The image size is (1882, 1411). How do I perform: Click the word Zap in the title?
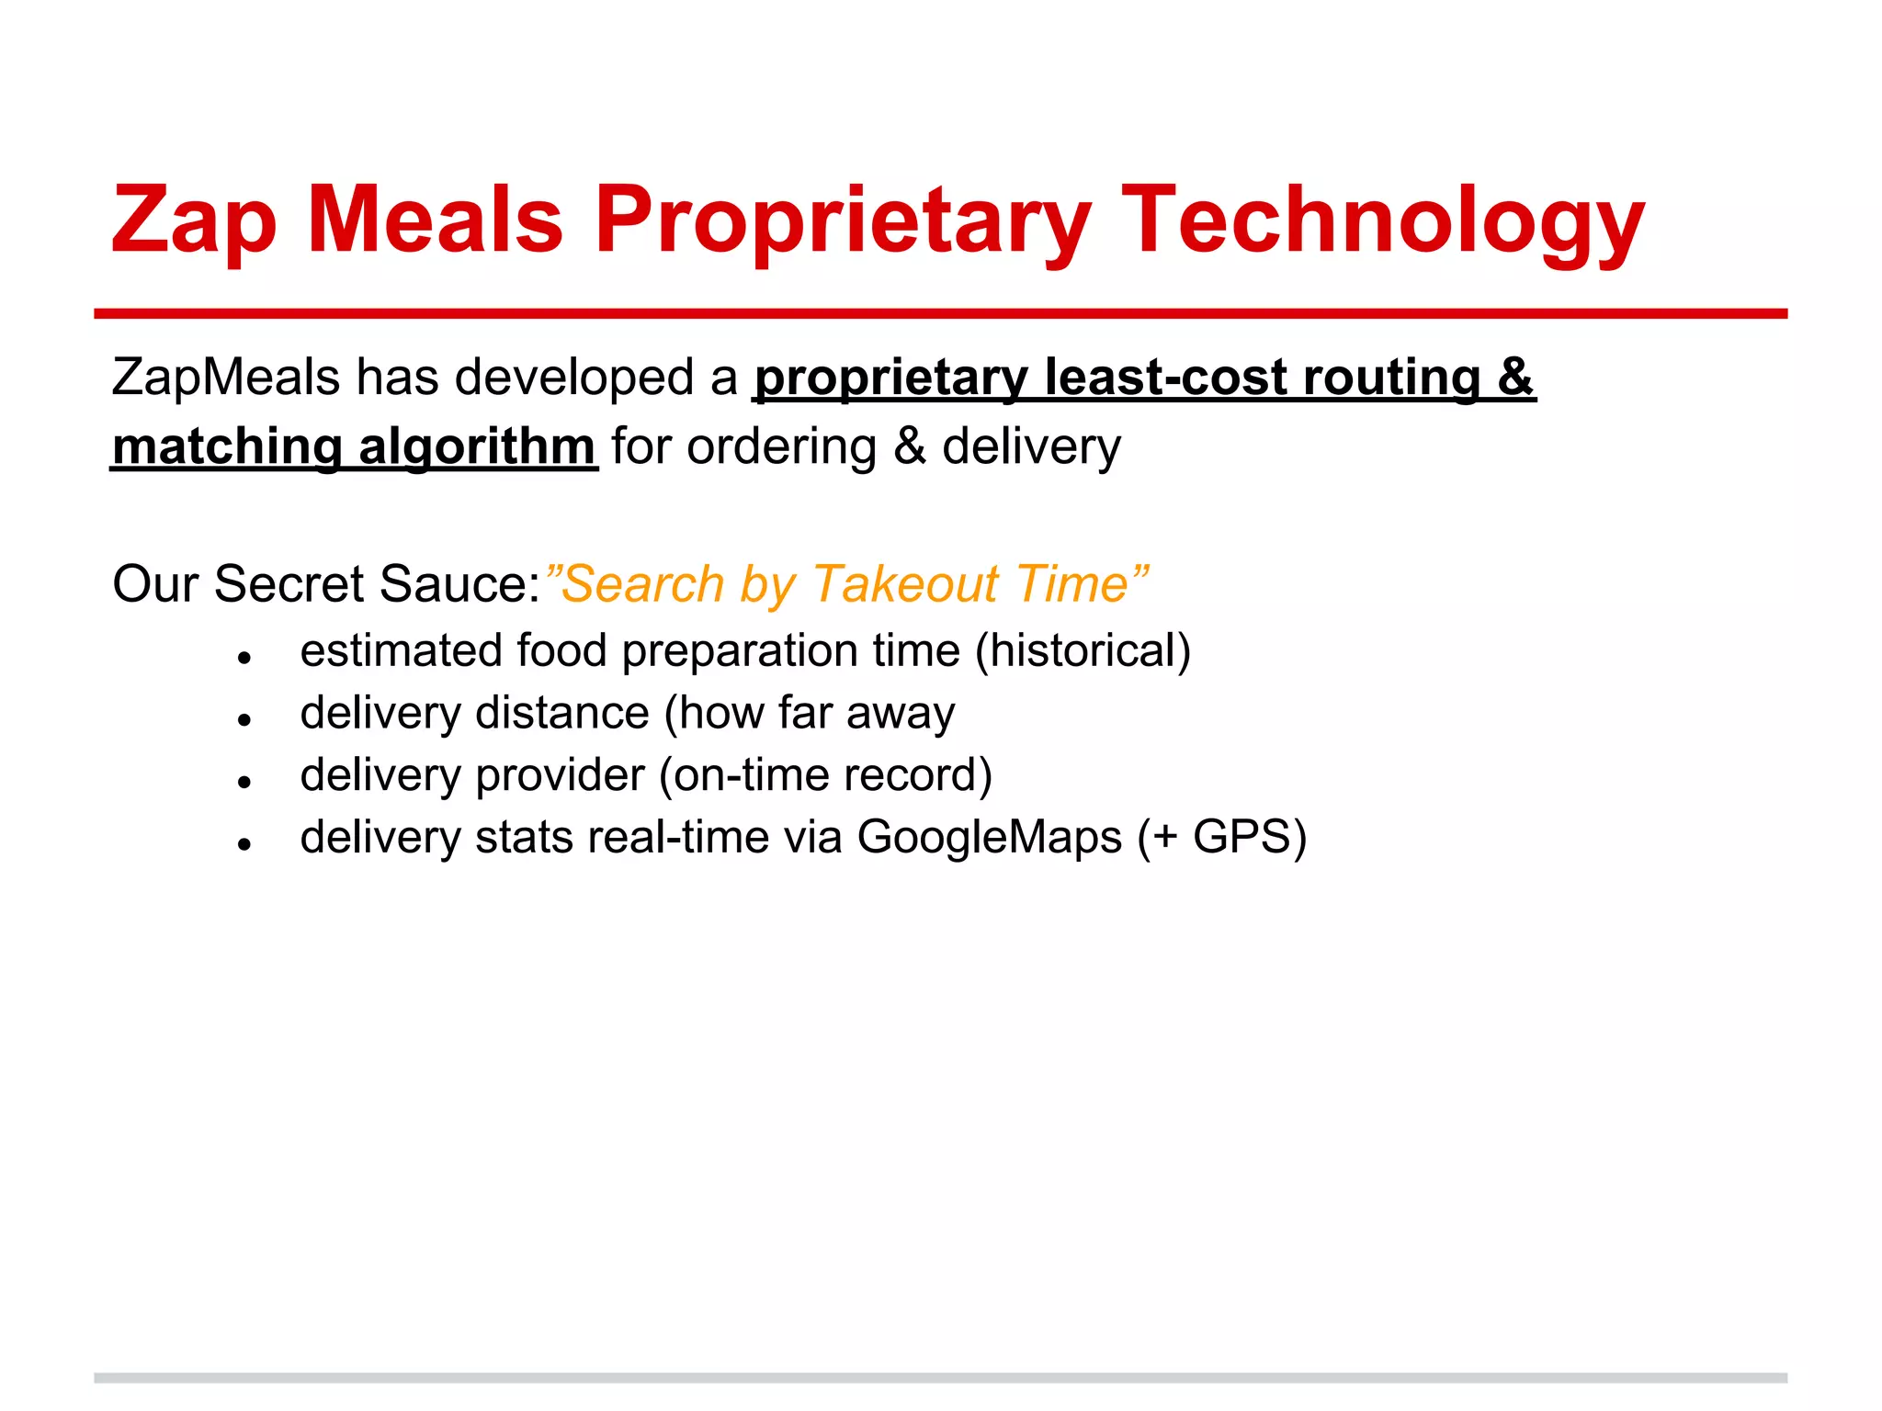tap(194, 221)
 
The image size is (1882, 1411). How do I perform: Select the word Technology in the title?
tap(1382, 221)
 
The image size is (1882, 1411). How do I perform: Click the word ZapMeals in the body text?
tap(226, 378)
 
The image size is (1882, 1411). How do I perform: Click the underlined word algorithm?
tap(477, 447)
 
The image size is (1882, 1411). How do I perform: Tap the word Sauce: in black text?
tap(459, 583)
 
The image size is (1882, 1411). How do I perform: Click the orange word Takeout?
tap(904, 583)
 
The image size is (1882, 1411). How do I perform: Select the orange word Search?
tap(643, 583)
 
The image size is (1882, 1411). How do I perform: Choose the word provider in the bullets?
tap(560, 775)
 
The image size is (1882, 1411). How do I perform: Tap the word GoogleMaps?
tap(990, 837)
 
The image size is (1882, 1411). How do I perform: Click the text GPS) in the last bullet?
tap(1250, 837)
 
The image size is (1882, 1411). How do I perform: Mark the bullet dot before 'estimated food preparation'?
tap(244, 658)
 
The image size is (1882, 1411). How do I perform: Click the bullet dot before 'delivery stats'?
tap(244, 844)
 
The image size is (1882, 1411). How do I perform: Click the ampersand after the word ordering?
tap(909, 447)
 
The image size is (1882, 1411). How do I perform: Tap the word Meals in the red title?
tap(434, 221)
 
